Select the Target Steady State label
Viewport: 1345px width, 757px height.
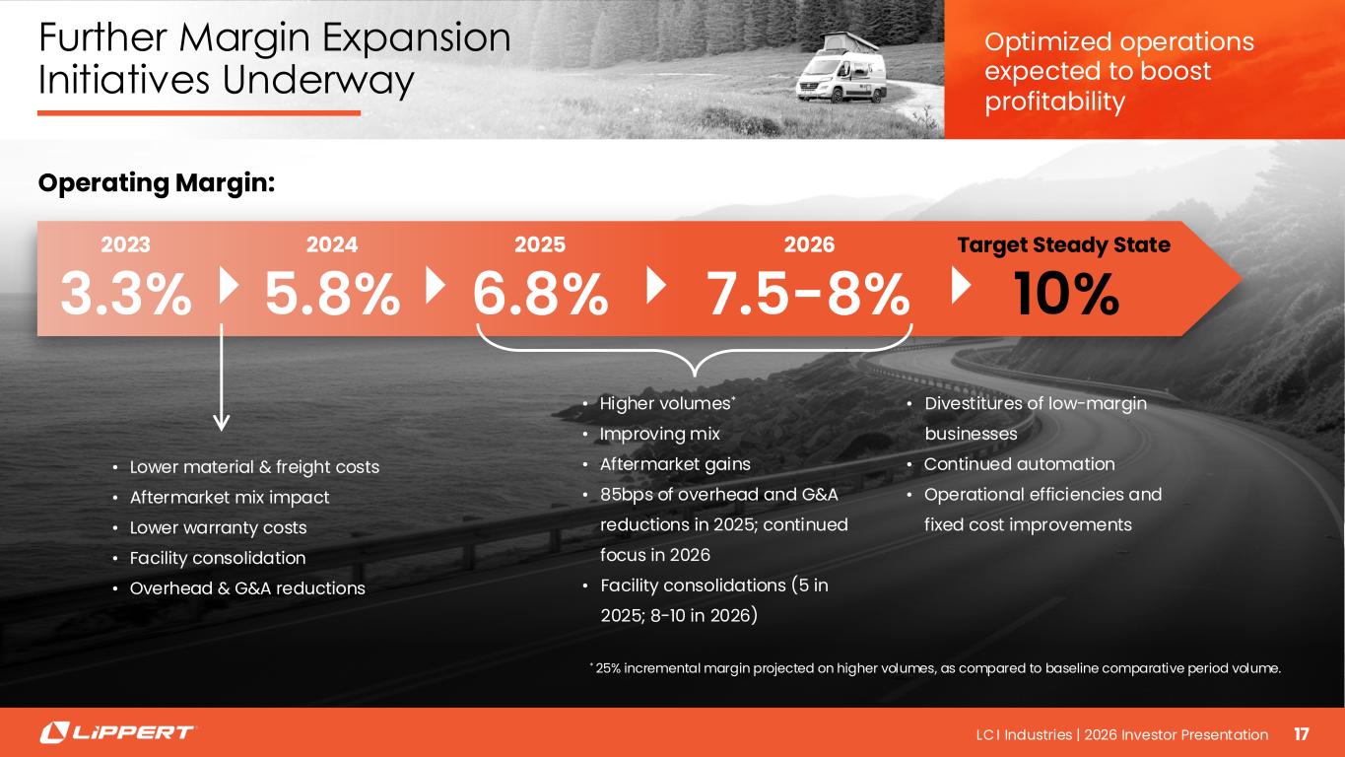(x=1063, y=245)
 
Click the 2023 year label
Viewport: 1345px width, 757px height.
(x=125, y=244)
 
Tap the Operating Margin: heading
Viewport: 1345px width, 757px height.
(x=156, y=183)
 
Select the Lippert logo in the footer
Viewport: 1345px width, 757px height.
(x=117, y=732)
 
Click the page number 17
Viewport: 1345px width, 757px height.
(x=1302, y=734)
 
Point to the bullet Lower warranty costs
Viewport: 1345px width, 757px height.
(x=218, y=527)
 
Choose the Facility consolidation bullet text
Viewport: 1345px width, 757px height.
(x=218, y=558)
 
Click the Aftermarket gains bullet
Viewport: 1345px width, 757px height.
(x=675, y=464)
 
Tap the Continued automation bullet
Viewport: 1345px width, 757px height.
(x=1019, y=464)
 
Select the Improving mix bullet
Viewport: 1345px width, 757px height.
(x=659, y=434)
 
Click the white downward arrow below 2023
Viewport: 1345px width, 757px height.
(x=222, y=378)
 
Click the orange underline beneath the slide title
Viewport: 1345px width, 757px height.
(x=199, y=113)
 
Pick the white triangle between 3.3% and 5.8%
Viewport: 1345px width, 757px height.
(x=229, y=286)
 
